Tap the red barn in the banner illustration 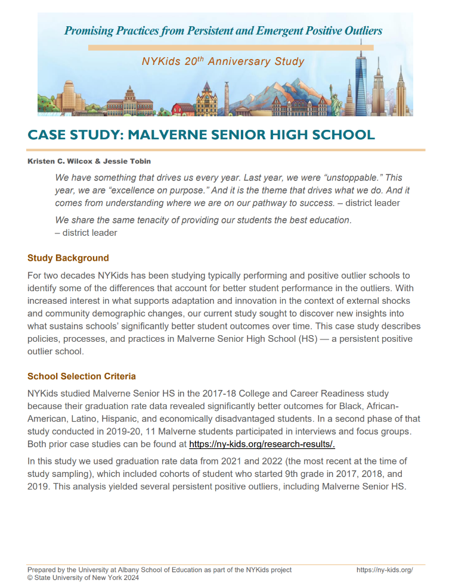pos(182,109)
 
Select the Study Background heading pos(68,258)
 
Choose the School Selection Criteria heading pos(82,376)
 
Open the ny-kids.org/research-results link pos(262,444)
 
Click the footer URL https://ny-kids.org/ pos(385,570)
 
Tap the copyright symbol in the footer pos(30,578)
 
